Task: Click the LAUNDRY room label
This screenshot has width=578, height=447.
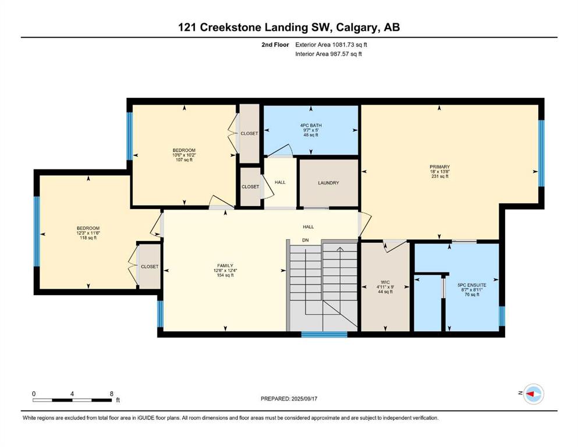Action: click(x=328, y=183)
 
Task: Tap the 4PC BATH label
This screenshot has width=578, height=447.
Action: click(x=311, y=125)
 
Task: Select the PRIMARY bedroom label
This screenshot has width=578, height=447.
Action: click(x=439, y=167)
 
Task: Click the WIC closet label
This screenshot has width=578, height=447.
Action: click(x=385, y=282)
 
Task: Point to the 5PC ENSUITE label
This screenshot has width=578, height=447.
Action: click(x=472, y=285)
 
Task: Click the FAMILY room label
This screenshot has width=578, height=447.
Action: click(x=225, y=265)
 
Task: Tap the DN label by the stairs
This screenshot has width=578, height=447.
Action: click(x=305, y=240)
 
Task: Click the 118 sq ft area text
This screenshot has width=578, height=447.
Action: click(x=88, y=237)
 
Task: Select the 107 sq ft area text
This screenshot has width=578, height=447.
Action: click(x=184, y=159)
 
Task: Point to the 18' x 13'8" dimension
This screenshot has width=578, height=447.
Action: click(x=439, y=172)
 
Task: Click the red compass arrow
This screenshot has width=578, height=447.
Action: click(x=530, y=394)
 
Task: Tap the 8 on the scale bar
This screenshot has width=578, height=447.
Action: click(x=112, y=393)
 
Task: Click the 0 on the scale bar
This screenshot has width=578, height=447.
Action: click(x=34, y=393)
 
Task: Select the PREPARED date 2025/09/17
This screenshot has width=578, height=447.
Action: click(x=304, y=399)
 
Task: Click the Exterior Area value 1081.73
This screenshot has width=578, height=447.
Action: click(x=342, y=45)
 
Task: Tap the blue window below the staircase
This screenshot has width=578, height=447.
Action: click(x=324, y=335)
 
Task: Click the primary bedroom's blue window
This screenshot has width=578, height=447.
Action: click(x=541, y=153)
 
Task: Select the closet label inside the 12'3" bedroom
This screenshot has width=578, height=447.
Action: click(x=150, y=267)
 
